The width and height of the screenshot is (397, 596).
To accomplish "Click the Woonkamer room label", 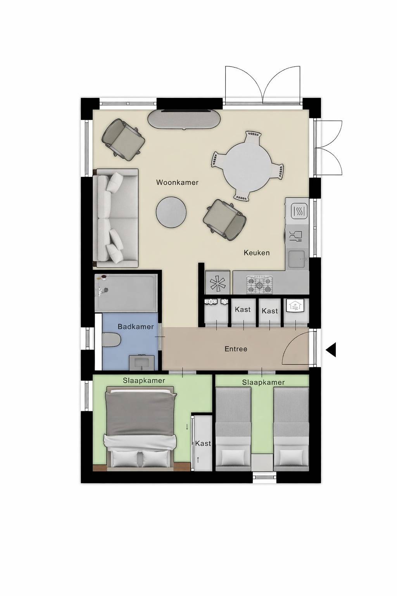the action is (x=177, y=182).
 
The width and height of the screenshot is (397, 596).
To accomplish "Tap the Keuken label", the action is (x=257, y=253).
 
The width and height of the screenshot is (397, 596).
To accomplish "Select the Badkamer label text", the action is (x=136, y=326).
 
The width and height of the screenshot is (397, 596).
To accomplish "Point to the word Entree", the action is (x=236, y=349).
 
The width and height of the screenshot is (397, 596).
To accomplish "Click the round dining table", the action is (x=247, y=166).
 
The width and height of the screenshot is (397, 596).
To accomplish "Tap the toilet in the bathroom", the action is (x=112, y=340).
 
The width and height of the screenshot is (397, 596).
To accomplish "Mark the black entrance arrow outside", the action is (x=331, y=349).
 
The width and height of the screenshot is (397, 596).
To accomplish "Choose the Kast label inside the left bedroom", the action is (x=203, y=443).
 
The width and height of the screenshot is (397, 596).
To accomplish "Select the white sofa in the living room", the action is (x=116, y=218).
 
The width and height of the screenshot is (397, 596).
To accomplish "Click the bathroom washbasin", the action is (x=142, y=362).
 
